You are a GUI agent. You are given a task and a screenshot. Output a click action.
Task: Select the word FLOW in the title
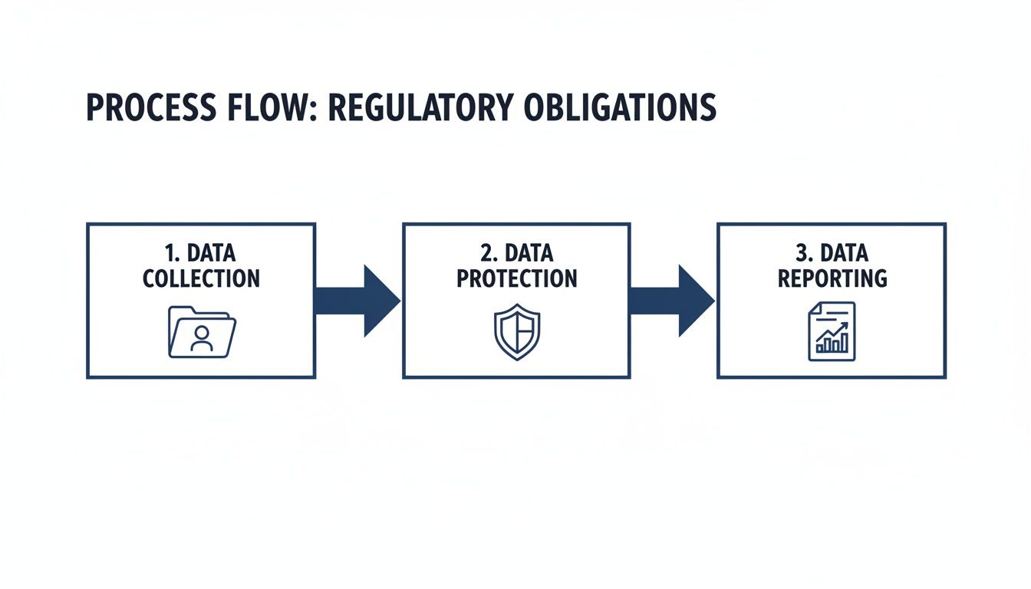pos(267,108)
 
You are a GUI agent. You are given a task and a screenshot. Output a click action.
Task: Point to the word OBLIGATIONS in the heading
pos(620,108)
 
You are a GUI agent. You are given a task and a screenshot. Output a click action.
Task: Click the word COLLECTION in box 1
pos(201,278)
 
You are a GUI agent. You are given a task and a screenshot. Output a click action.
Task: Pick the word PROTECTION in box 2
pos(516,278)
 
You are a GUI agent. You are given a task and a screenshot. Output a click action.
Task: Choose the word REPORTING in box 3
pos(832,278)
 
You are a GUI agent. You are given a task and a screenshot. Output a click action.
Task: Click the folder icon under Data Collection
pos(202,333)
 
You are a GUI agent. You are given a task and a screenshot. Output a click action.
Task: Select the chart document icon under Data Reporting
pos(832,331)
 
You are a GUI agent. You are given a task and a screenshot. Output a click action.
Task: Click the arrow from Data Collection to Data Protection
pos(357,301)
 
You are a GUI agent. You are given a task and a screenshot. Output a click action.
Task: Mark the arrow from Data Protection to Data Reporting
pos(672,301)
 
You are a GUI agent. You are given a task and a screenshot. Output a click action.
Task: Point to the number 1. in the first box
pos(171,253)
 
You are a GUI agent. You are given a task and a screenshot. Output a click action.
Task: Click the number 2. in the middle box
pos(486,253)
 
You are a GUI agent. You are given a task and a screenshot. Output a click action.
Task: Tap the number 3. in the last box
pos(802,253)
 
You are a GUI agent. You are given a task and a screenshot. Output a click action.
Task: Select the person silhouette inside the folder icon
pos(202,338)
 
